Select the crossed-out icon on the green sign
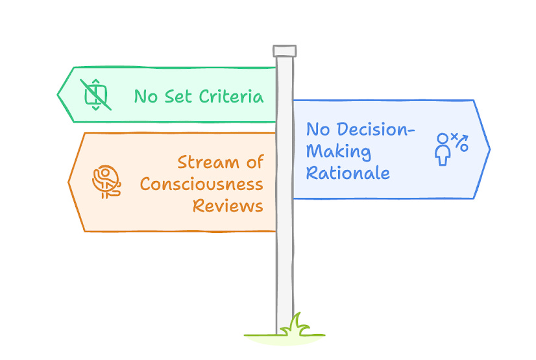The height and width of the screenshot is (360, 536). (x=95, y=95)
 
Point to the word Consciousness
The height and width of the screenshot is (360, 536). (x=201, y=184)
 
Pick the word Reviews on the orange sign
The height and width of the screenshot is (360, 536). (x=227, y=206)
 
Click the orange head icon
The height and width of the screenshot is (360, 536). (x=106, y=182)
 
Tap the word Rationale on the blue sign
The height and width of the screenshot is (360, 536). (x=348, y=173)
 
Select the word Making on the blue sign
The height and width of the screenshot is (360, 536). (x=338, y=152)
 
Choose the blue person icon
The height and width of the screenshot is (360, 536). (x=443, y=150)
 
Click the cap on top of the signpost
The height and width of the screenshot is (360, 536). (x=284, y=51)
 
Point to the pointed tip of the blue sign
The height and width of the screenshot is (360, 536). (x=489, y=150)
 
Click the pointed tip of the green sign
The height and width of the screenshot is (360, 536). (x=59, y=95)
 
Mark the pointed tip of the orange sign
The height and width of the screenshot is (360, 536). (x=69, y=182)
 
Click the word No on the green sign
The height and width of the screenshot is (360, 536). (x=145, y=97)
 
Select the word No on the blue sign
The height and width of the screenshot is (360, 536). (x=317, y=129)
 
